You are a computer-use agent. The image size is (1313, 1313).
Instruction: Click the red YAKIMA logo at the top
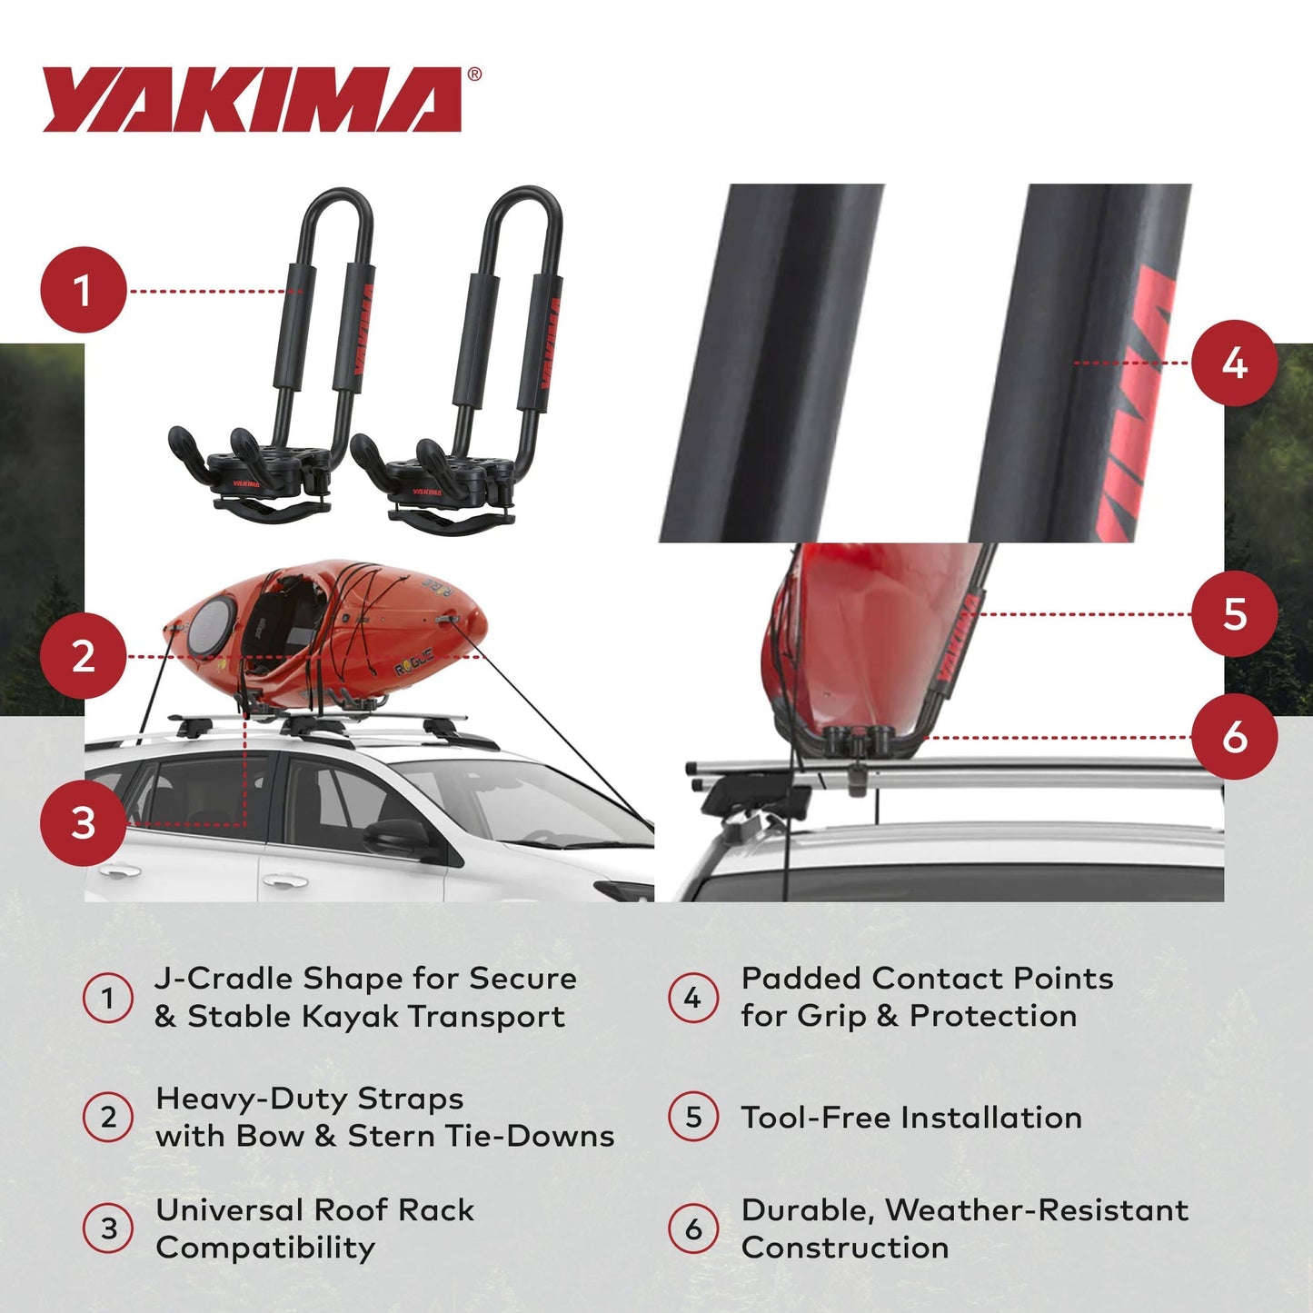tap(252, 100)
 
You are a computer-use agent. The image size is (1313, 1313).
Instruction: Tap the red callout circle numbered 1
tap(83, 291)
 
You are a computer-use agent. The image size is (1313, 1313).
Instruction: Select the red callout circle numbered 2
tap(83, 656)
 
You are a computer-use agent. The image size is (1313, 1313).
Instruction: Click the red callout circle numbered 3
tap(83, 823)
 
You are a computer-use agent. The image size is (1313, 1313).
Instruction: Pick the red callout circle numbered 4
tap(1234, 363)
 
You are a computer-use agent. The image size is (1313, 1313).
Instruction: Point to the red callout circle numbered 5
tap(1234, 614)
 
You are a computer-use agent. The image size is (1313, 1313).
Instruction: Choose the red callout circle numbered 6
tap(1234, 737)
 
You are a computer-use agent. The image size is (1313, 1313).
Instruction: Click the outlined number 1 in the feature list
tap(108, 998)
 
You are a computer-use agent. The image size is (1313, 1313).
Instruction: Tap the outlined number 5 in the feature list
tap(693, 1117)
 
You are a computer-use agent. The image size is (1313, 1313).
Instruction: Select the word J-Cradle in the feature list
tap(224, 979)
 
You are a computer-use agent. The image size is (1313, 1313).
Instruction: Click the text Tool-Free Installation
tap(910, 1118)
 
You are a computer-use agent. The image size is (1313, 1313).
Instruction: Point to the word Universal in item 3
tap(229, 1210)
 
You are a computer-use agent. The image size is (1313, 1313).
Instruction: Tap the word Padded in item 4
tap(801, 979)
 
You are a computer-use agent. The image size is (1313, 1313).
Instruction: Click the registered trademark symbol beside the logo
tap(474, 75)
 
